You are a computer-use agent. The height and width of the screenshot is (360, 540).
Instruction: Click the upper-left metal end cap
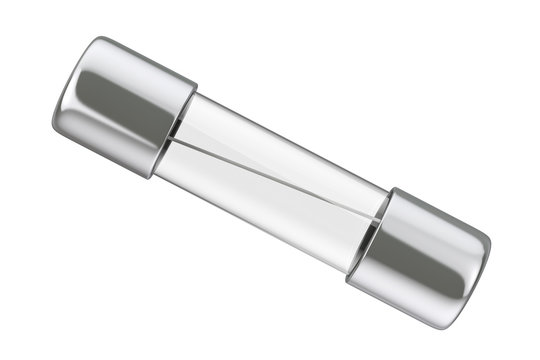coord(120,105)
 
